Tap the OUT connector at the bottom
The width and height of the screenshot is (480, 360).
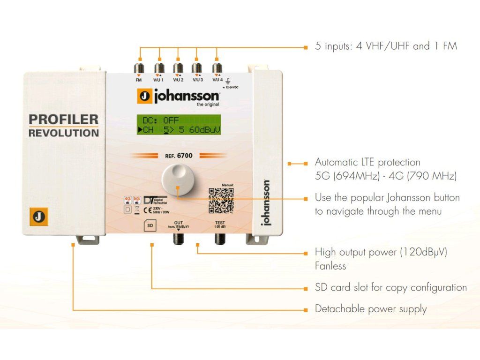pos(178,238)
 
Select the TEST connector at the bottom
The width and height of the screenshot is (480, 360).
pos(220,238)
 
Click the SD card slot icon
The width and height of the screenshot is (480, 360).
pos(150,225)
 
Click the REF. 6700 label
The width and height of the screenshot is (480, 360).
pos(179,155)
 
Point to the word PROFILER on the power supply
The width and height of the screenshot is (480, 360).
pos(63,119)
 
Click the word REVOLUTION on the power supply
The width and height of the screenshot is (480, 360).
pos(64,133)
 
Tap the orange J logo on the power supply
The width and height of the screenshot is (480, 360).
pos(37,217)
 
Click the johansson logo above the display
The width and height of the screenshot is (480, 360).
pos(179,96)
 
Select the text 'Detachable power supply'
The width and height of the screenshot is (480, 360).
pos(371,309)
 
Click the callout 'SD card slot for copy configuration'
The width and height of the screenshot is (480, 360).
pos(390,287)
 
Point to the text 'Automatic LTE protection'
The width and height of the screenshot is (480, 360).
pos(367,162)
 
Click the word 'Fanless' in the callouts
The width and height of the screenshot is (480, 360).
pos(330,266)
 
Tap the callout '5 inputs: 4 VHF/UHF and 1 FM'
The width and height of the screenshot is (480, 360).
pos(386,46)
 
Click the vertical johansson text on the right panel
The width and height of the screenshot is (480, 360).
pos(266,202)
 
